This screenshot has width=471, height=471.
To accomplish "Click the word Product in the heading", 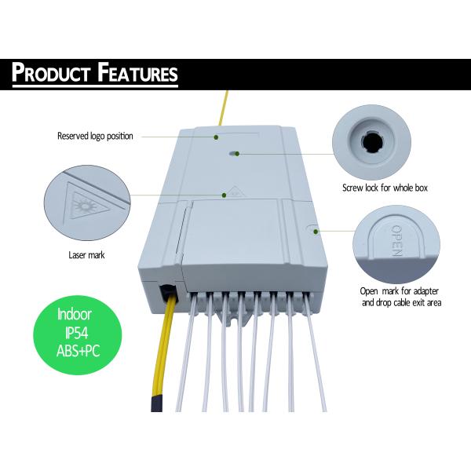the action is pos(51,73).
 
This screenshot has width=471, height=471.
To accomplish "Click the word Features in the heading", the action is pos(138,73).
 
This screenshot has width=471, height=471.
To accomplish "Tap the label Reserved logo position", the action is pos(95,136).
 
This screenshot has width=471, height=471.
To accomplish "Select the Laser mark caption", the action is pos(86,255).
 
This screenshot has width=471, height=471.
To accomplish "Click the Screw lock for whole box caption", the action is pos(385,188).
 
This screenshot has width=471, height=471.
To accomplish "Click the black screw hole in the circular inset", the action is pos(371,142).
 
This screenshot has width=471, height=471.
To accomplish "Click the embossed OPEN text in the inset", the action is pos(396,240).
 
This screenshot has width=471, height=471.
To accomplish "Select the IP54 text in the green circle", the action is pos(77,333).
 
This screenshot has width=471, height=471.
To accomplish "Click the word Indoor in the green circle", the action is pos(75,314).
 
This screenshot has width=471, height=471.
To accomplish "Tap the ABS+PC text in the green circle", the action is pos(78,351).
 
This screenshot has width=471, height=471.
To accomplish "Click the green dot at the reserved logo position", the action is pos(216,137).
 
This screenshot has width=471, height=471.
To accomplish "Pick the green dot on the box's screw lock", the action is pos(237,154).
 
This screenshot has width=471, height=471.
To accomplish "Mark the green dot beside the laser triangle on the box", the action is pos(224,195).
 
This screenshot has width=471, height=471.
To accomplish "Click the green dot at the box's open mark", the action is pos(316,232).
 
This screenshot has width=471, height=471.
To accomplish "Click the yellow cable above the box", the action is pos(224,108).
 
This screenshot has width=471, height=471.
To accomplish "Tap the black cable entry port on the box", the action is pos(168,293).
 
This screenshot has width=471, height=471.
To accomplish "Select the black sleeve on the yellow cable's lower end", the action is pos(156,403).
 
